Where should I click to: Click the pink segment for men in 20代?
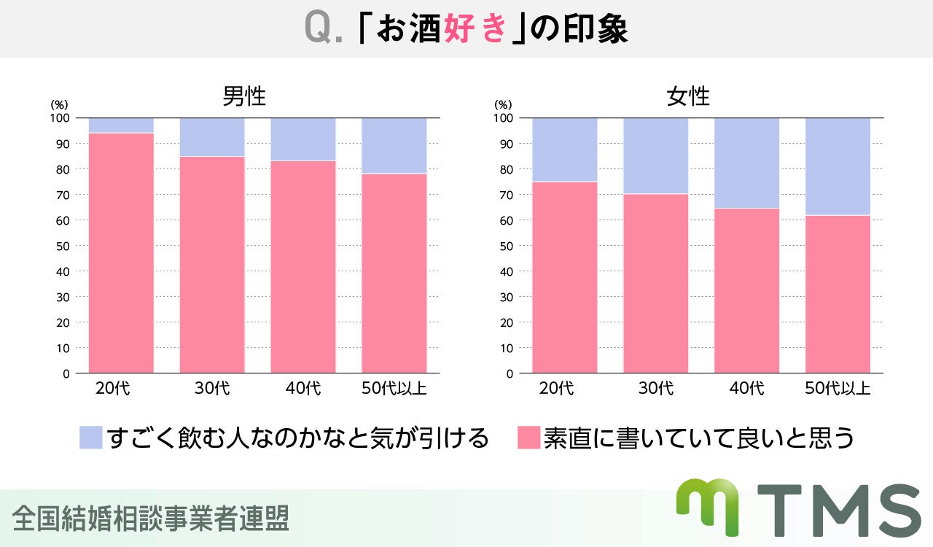pyautogui.click(x=121, y=253)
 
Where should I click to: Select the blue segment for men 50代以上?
pyautogui.click(x=394, y=145)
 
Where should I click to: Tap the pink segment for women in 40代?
pyautogui.click(x=746, y=290)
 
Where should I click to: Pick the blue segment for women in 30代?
pyautogui.click(x=655, y=155)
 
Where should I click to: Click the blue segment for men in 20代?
pyautogui.click(x=121, y=125)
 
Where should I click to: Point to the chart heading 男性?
pyautogui.click(x=244, y=97)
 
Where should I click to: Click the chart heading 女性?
pyautogui.click(x=688, y=97)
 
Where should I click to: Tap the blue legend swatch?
pyautogui.click(x=91, y=438)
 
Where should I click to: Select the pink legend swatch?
pyautogui.click(x=528, y=438)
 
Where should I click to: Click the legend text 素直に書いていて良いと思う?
pyautogui.click(x=699, y=438)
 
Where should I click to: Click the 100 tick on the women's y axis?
pyautogui.click(x=503, y=117)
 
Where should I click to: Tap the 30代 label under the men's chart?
pyautogui.click(x=212, y=388)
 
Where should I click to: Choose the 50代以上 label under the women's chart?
pyautogui.click(x=838, y=388)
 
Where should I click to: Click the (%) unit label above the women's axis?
pyautogui.click(x=503, y=105)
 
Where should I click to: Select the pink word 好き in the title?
pyautogui.click(x=475, y=29)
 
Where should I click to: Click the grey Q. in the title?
pyautogui.click(x=323, y=29)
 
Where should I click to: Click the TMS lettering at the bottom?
pyautogui.click(x=838, y=511)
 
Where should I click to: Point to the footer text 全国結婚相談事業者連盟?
pyautogui.click(x=151, y=518)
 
